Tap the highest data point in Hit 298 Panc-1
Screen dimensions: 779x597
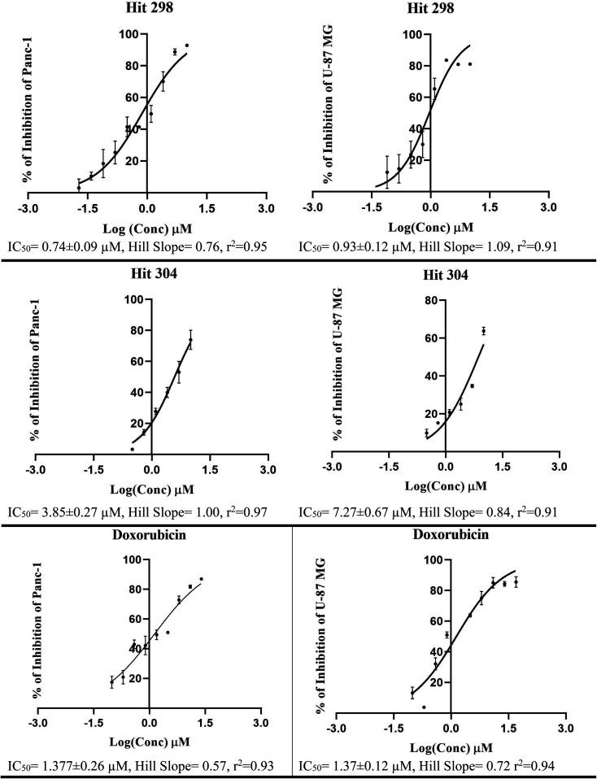pos(186,46)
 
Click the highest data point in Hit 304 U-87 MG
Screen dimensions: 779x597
pos(483,331)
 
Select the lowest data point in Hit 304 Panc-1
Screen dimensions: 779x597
pos(132,449)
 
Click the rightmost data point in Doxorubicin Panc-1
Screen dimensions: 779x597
pos(201,579)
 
